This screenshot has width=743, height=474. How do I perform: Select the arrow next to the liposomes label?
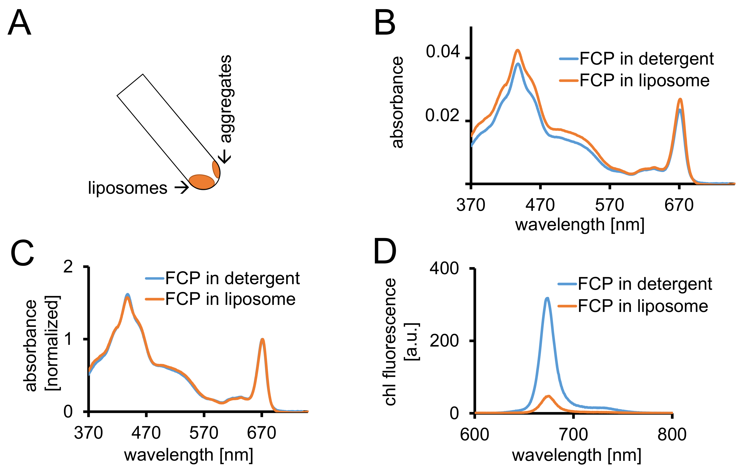coord(182,187)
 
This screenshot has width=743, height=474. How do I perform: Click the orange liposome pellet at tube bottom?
coord(202,182)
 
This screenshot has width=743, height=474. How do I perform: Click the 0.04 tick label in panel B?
coord(443,51)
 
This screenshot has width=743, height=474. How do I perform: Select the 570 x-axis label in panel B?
coord(609,205)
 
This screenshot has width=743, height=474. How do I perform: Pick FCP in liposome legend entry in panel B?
coord(644,80)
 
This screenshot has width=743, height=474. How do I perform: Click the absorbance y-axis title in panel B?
coord(398,102)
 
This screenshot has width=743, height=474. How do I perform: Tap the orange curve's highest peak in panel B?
coord(518,50)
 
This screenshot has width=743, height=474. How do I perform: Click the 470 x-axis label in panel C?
coord(146,433)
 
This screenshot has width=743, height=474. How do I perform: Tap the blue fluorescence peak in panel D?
coord(547,298)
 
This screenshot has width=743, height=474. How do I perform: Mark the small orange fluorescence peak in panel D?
coord(548,396)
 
